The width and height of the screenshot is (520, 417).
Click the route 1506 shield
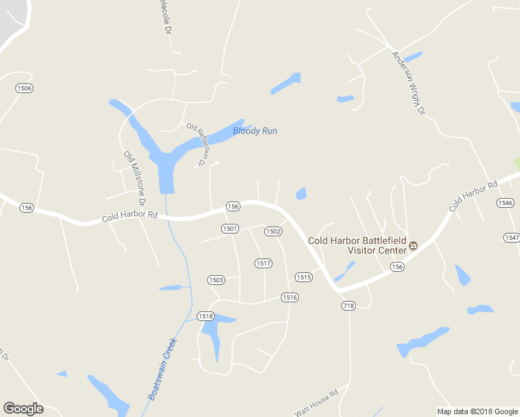[x=24, y=88]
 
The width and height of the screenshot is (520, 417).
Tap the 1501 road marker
[x=230, y=228]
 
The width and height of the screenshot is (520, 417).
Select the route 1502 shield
[x=273, y=231]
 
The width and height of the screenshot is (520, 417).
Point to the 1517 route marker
[x=263, y=263]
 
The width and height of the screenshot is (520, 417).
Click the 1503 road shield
[x=216, y=279]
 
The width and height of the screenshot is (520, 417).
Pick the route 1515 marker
[x=303, y=277]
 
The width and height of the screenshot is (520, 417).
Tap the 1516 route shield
[x=290, y=297]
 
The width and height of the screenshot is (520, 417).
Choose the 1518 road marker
[x=205, y=316]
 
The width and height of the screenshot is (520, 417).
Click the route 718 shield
[x=348, y=305]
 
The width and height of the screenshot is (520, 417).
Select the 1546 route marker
[x=505, y=202]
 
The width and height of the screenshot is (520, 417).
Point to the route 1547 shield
[x=512, y=237]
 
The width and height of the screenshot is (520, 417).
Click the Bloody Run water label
[x=255, y=131]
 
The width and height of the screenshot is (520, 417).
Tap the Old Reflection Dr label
[x=197, y=145]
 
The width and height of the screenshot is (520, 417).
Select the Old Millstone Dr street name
[x=133, y=178]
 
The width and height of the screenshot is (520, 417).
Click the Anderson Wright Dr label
[x=408, y=83]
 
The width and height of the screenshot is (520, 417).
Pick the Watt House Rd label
[x=316, y=402]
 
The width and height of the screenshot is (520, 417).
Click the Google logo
[x=23, y=409]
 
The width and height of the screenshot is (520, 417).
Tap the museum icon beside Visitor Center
[x=414, y=245]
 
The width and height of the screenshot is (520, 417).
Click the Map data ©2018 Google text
[x=477, y=411]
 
